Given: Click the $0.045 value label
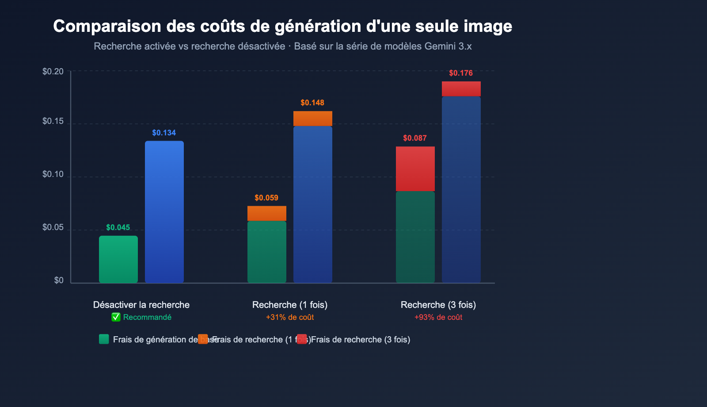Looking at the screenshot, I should (118, 228).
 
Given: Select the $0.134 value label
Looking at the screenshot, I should (164, 133).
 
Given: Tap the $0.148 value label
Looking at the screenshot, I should (312, 103).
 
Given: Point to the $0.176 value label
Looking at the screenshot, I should (461, 73).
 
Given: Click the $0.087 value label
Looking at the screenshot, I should (415, 138).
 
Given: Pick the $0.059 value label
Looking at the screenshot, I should (266, 198).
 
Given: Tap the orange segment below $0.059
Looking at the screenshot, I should (267, 213).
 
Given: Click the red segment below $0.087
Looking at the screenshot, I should (415, 169).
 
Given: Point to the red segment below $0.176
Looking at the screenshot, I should (461, 88).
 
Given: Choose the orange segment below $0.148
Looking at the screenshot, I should (313, 119).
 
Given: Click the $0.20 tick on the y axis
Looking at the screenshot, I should (53, 72).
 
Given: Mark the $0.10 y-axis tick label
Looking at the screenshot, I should (53, 174).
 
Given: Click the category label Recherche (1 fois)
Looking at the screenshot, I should (290, 305).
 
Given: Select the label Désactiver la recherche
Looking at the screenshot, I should (141, 305).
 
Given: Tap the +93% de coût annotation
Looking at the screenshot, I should (438, 317).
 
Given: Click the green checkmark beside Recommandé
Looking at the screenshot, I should (116, 317).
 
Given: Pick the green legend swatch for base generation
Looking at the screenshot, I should (104, 339).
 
